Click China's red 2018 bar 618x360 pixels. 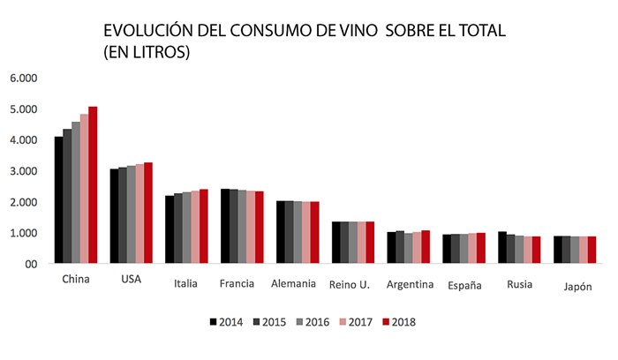93,185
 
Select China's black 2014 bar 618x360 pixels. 59,200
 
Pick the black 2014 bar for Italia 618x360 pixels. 170,229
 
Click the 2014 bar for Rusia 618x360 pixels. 502,248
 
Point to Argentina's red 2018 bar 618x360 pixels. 426,247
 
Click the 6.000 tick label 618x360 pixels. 24,78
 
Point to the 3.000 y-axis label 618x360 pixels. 24,170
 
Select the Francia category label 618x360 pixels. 237,283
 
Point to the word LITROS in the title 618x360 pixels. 158,53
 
